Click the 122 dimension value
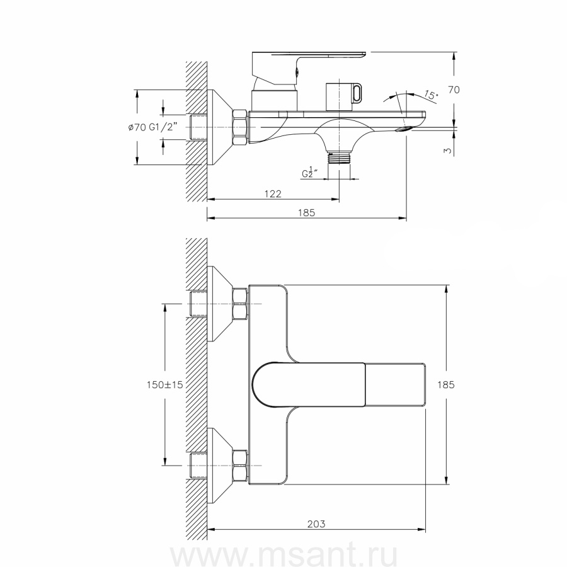click(273, 194)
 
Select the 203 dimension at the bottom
click(316, 524)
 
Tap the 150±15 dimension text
click(165, 385)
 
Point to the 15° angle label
click(431, 96)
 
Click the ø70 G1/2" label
click(153, 127)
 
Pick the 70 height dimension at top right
click(454, 89)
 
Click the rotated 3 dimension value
click(448, 151)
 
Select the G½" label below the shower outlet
click(309, 173)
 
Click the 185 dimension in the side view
click(307, 213)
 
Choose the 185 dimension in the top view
click(446, 385)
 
